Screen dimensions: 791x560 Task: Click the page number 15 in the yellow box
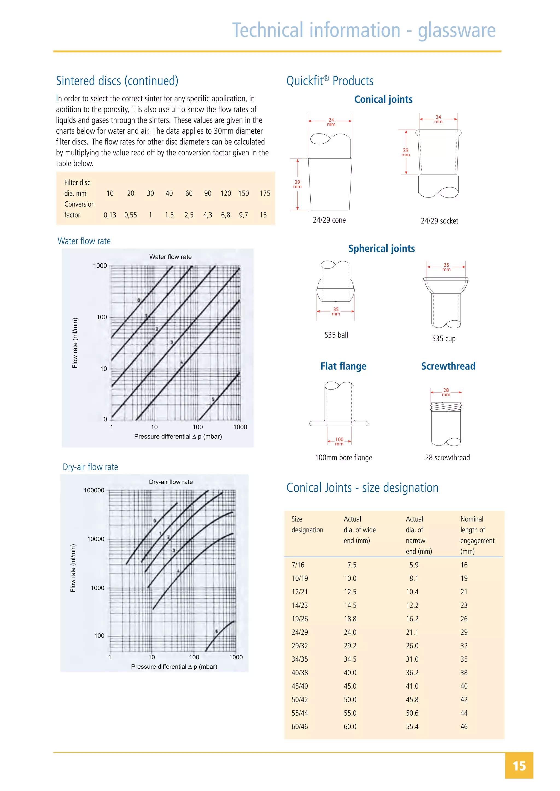[519, 766]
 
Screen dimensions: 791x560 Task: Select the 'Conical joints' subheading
[383, 99]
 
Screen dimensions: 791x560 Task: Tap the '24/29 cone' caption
[329, 220]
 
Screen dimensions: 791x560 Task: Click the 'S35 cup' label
[444, 338]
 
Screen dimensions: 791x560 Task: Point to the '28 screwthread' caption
[447, 458]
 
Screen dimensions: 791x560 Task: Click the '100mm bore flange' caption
[343, 458]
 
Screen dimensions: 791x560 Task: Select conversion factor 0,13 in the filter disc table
[110, 215]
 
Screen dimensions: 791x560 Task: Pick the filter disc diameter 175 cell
[265, 193]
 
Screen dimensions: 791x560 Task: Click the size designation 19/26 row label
[300, 619]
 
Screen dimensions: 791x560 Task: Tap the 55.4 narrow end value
[412, 727]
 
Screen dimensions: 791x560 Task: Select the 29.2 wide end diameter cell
[350, 646]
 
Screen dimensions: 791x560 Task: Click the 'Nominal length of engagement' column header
[477, 535]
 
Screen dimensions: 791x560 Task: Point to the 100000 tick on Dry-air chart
[94, 490]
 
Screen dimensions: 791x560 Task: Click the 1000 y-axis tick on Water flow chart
[100, 265]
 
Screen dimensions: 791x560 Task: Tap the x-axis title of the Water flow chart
[178, 436]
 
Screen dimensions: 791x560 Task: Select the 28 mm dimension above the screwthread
[446, 392]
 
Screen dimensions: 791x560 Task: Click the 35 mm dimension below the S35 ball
[336, 311]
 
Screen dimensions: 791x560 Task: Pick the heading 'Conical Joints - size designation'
[362, 488]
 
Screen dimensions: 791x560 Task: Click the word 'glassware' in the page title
[457, 30]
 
